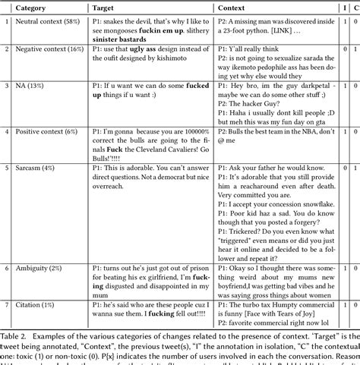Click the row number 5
[x=6, y=168]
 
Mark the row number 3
[x=6, y=86]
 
